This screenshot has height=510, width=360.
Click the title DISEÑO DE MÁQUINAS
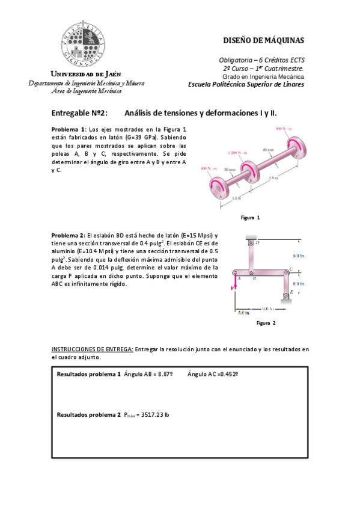pos(263,41)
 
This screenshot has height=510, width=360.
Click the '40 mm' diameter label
pos(268,149)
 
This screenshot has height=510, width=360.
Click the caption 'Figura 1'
pos(249,217)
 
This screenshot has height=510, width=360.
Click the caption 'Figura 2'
pos(266,323)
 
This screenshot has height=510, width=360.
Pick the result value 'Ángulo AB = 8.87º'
pos(148,374)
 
